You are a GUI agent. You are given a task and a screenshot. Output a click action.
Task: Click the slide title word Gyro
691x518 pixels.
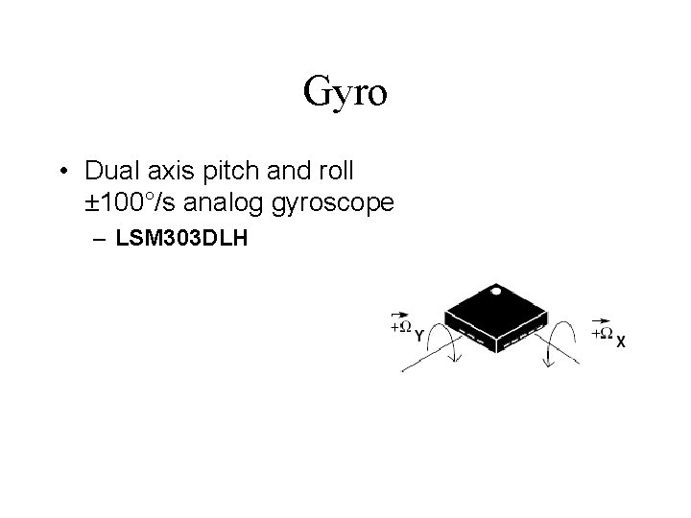(x=345, y=93)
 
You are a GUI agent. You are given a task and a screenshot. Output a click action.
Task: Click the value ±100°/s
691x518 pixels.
(x=132, y=203)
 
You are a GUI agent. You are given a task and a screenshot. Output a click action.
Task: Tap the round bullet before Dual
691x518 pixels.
(x=62, y=173)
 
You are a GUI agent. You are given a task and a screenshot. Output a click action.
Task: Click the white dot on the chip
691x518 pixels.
(x=495, y=290)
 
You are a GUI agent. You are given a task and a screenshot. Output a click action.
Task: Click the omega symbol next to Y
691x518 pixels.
(x=404, y=328)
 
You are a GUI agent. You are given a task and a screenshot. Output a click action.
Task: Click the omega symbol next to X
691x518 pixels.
(x=605, y=332)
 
